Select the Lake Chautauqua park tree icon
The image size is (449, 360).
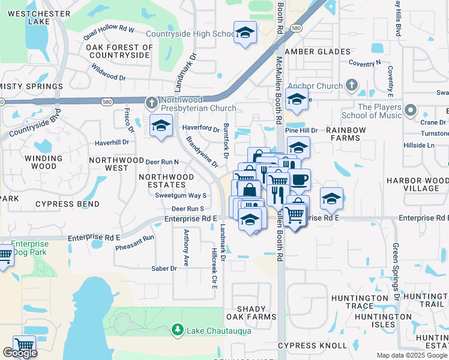(x=177, y=329)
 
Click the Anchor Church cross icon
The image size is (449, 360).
(x=351, y=85)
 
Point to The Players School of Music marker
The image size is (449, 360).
(x=411, y=110)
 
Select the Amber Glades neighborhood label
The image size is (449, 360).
(x=318, y=52)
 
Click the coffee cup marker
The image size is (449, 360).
(x=300, y=178)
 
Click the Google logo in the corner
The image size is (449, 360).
(x=20, y=353)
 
